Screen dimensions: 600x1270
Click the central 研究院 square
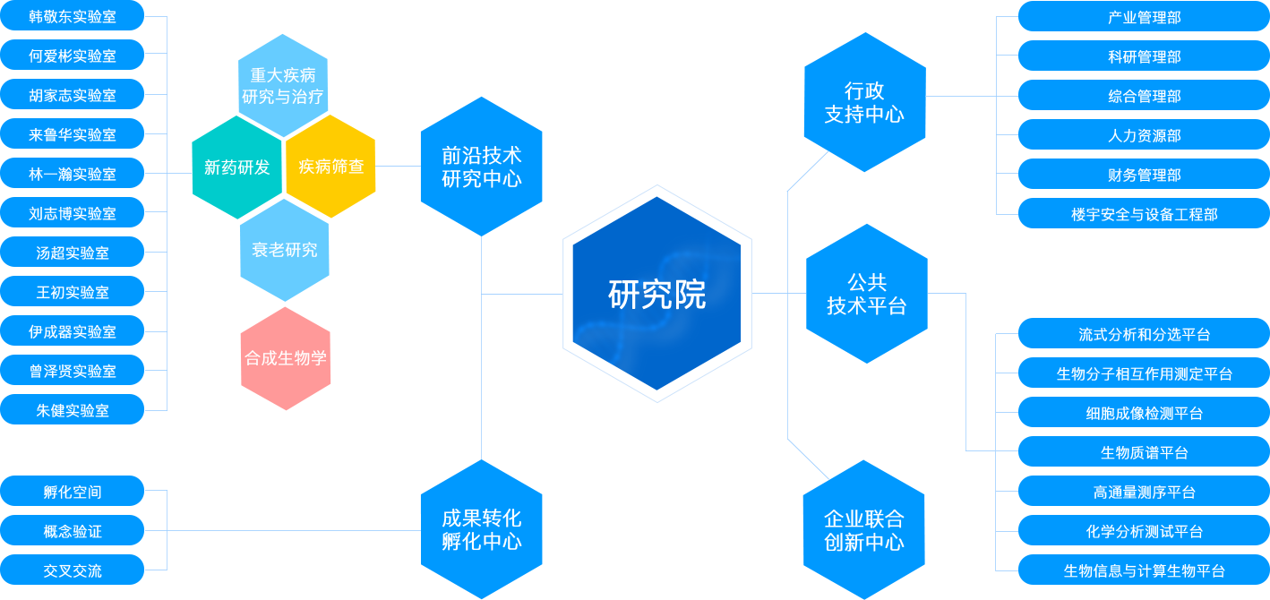coord(656,293)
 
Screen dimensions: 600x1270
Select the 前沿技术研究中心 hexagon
coord(481,167)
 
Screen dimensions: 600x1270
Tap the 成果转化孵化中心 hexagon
coord(481,529)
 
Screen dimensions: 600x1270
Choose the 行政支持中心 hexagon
coord(863,102)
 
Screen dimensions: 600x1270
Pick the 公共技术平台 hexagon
coord(866,294)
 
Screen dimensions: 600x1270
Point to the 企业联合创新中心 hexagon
coord(863,529)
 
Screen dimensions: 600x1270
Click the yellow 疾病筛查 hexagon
coord(330,167)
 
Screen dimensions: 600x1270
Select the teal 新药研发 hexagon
coord(237,167)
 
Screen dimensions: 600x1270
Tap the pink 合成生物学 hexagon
coord(286,358)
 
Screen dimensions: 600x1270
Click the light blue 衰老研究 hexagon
coord(285,250)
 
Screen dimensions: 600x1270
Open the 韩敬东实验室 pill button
coord(72,16)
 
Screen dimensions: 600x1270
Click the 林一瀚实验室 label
coord(72,174)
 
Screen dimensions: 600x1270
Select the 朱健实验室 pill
coord(72,410)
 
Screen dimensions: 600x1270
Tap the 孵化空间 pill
coord(72,492)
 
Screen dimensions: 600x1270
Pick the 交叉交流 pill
coord(72,570)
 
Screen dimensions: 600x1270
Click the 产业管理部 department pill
coord(1144,17)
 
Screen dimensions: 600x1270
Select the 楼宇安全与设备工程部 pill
coord(1144,214)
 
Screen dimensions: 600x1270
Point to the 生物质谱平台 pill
coord(1144,452)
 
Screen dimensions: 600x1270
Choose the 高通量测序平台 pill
coord(1144,492)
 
